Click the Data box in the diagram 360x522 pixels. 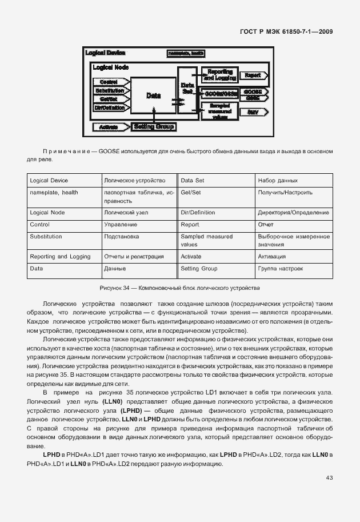[x=153, y=96]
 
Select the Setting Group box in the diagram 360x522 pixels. [x=154, y=126]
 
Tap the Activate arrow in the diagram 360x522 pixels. [x=109, y=127]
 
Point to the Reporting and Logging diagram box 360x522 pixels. [x=219, y=75]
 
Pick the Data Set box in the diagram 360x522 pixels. [x=187, y=89]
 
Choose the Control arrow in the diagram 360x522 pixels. [x=109, y=82]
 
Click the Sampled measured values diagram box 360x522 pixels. [x=219, y=111]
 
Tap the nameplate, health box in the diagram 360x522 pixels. [x=186, y=53]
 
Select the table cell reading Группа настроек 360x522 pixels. [x=293, y=268]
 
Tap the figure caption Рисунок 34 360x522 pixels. [x=179, y=286]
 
